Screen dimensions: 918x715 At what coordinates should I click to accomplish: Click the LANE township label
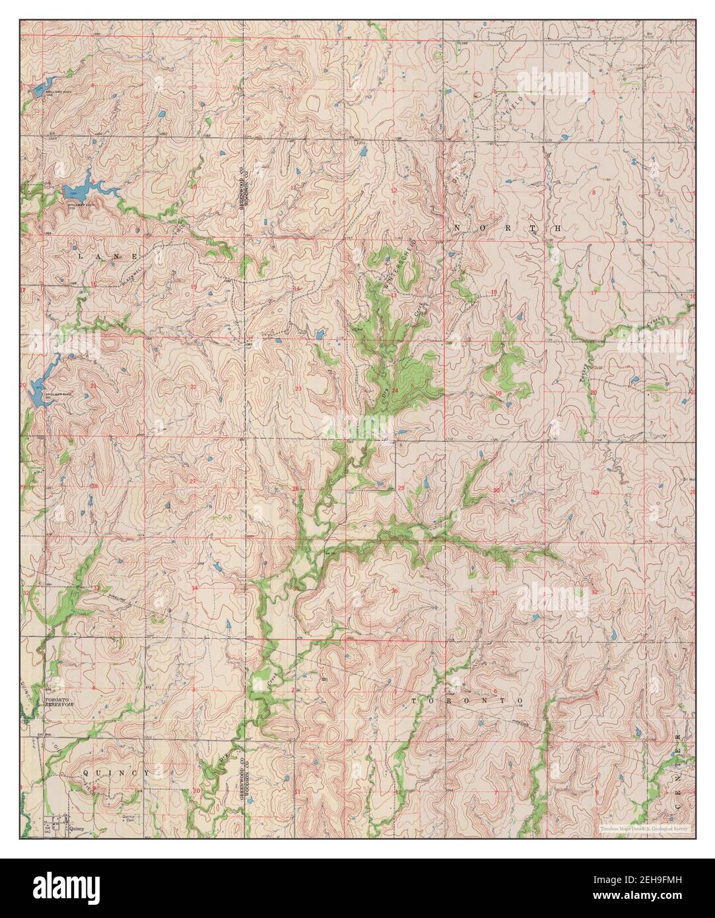pos(110,255)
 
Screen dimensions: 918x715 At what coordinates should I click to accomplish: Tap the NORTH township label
pos(507,227)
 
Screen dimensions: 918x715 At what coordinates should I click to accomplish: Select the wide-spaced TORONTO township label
pos(467,699)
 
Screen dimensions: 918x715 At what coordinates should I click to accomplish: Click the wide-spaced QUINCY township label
pos(117,771)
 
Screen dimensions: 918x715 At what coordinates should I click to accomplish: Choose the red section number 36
pos(394,590)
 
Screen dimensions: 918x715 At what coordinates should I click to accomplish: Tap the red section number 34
pos(195,588)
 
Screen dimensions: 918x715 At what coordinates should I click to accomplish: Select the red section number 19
pos(498,394)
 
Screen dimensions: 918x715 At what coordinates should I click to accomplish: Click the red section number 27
pos(192,481)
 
